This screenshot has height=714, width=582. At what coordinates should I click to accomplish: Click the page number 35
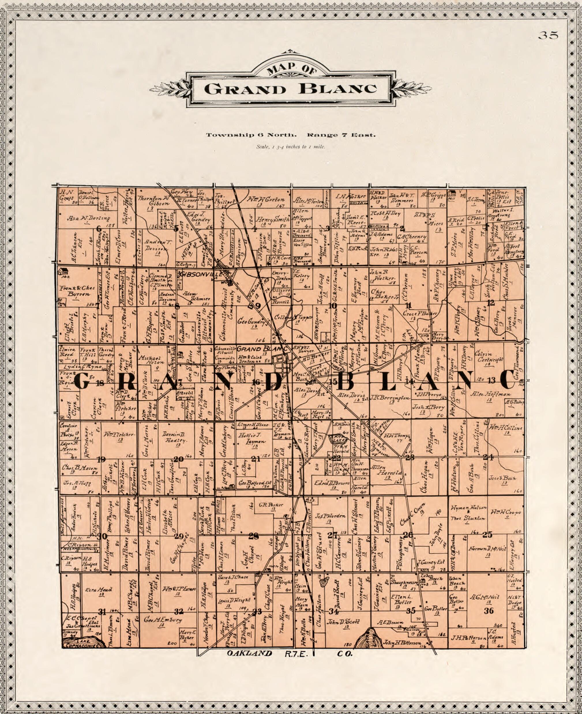[548, 35]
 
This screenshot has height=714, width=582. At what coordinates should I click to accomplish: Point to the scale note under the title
[291, 146]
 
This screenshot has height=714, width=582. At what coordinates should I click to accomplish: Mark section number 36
[489, 611]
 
